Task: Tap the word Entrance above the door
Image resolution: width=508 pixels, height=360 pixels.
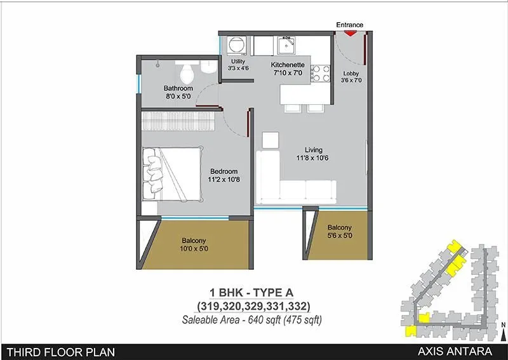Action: pyautogui.click(x=349, y=25)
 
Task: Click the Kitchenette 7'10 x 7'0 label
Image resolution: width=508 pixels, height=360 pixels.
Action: pyautogui.click(x=290, y=70)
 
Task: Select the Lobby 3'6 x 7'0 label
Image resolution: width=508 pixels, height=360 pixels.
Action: pyautogui.click(x=351, y=77)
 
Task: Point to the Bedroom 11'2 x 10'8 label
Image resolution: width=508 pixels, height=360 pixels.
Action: pyautogui.click(x=224, y=175)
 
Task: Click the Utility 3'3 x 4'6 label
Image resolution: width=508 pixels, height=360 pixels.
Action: pyautogui.click(x=238, y=65)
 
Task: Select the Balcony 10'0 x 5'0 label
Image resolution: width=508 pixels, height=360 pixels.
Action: pyautogui.click(x=194, y=244)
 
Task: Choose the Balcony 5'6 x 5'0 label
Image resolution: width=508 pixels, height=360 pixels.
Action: pyautogui.click(x=339, y=232)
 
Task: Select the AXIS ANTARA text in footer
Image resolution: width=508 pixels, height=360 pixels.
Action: pyautogui.click(x=465, y=351)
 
